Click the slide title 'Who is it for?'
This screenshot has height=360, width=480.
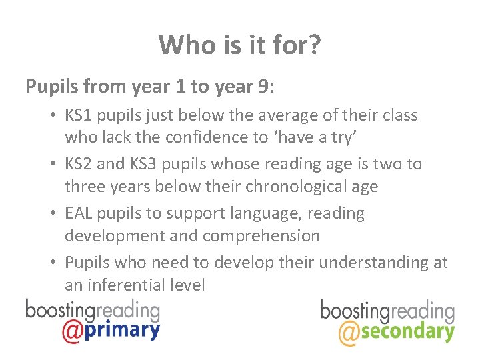coord(240,45)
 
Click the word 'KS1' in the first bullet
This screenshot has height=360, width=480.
coord(79,115)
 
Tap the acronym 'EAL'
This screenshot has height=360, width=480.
coord(79,214)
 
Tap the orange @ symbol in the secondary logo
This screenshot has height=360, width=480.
coord(350,331)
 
